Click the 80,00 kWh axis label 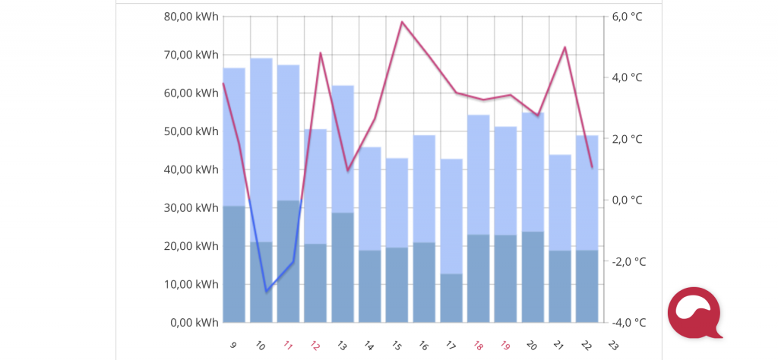[x=191, y=17]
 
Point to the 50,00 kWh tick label [x=191, y=131]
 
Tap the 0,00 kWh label [x=194, y=323]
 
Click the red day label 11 [x=288, y=345]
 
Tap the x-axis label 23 [x=613, y=345]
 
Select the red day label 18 [x=478, y=345]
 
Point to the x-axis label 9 [x=233, y=345]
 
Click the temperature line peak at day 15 [x=402, y=22]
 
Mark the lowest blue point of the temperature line [x=266, y=292]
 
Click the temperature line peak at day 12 [x=321, y=53]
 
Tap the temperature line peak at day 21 [x=565, y=47]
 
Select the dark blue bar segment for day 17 [x=451, y=298]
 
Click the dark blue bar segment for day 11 [x=288, y=261]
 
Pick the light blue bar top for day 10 [x=261, y=59]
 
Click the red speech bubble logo [x=693, y=311]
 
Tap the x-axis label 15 [x=397, y=345]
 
